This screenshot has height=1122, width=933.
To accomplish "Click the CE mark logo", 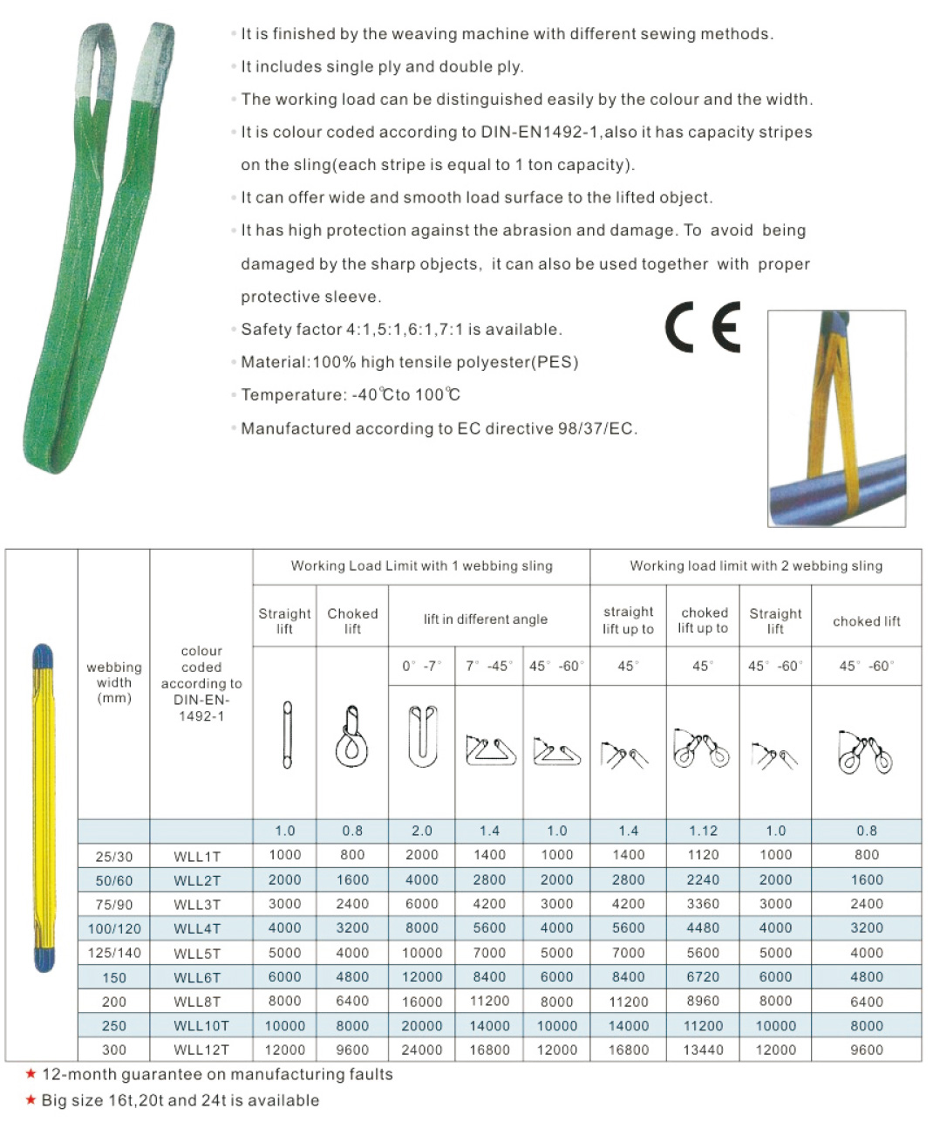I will coord(703,327).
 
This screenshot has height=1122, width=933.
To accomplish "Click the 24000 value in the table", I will coord(422,1050).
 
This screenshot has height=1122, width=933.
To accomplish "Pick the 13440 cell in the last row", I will coord(703,1050).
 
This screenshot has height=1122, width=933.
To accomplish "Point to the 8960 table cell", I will coord(703,1001).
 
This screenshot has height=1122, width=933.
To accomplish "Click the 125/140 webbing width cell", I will coord(114,953).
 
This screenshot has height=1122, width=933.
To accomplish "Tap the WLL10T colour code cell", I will coord(201,1026).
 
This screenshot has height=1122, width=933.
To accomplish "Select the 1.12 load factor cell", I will coord(703,831).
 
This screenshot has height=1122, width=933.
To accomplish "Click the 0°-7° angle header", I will coord(422,666).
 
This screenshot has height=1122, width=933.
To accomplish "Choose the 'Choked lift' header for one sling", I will coord(352,620).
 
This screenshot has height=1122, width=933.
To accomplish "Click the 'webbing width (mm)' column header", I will coord(114,682).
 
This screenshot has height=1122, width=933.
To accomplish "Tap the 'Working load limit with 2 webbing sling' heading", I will coord(756,566).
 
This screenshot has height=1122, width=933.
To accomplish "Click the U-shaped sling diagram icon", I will coord(422,736).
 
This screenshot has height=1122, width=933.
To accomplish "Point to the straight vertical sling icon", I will coord(286,735).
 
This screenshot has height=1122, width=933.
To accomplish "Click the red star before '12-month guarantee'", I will coord(31,1074).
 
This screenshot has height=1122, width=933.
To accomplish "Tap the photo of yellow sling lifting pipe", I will coord(836,419).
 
